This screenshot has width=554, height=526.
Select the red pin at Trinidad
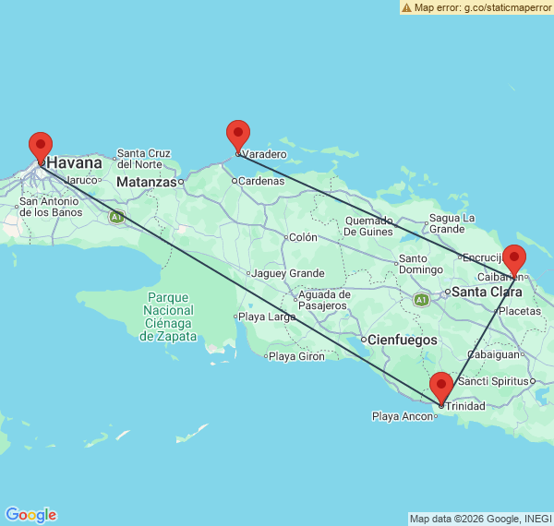441,387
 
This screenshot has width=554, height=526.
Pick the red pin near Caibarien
514,259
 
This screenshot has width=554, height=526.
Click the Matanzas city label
146,182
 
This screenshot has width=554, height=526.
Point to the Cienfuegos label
403,340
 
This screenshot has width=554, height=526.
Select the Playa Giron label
296,356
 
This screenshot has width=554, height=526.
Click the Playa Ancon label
402,417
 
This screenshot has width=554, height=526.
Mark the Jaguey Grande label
287,273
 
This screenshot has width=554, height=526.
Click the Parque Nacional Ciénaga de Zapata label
168,317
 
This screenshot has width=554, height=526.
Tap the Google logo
30,515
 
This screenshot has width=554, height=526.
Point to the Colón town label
303,237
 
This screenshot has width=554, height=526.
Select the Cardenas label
261,181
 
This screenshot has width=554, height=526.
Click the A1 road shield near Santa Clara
421,300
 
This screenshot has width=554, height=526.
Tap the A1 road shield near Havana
116,217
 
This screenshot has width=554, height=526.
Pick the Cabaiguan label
493,353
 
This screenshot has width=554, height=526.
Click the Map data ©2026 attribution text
481,519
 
